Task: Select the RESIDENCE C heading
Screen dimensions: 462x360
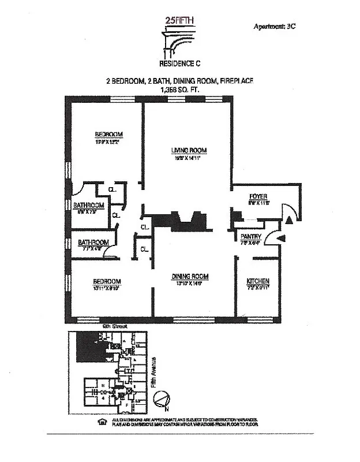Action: tap(180, 64)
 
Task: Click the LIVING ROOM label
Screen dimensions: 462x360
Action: tap(188, 151)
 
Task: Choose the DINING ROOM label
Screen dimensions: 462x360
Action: tap(189, 277)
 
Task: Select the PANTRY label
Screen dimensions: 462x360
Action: tap(251, 237)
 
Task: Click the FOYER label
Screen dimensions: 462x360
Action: tap(257, 196)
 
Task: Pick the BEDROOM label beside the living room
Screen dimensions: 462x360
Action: tap(109, 135)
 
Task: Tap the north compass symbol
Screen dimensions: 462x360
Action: tap(163, 398)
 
